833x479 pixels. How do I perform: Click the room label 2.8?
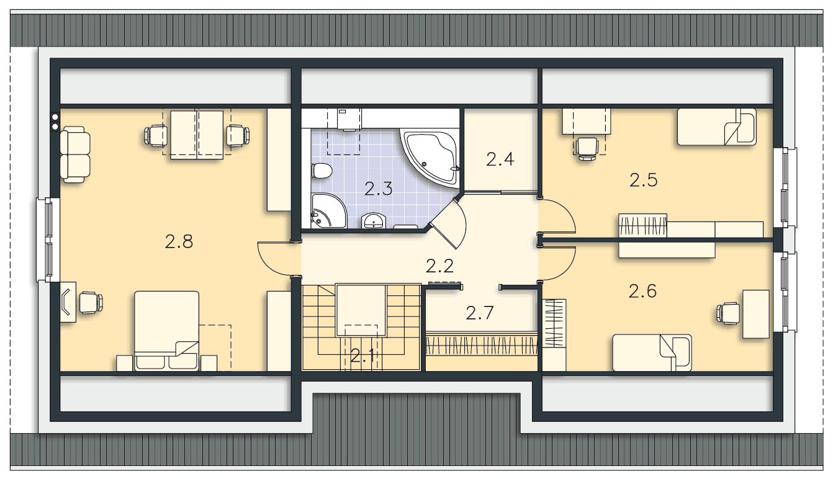click(x=179, y=242)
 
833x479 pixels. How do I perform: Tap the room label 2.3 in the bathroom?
click(x=378, y=189)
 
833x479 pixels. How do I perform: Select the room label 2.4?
click(x=500, y=159)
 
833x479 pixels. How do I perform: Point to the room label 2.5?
click(x=643, y=180)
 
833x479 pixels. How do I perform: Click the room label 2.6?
click(x=642, y=291)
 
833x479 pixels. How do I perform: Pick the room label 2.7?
click(x=480, y=313)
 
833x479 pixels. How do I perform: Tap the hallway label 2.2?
click(x=439, y=266)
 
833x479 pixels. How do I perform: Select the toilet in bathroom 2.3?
click(x=322, y=171)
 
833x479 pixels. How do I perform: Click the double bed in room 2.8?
click(x=166, y=331)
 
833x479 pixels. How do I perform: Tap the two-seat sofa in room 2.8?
click(x=75, y=154)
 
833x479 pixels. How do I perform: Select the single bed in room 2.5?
click(x=716, y=127)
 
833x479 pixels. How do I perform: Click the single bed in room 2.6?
click(x=652, y=352)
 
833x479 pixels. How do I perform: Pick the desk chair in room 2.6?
click(x=728, y=313)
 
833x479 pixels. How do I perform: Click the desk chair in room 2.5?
click(x=587, y=149)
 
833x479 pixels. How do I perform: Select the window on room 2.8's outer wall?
click(x=48, y=239)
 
